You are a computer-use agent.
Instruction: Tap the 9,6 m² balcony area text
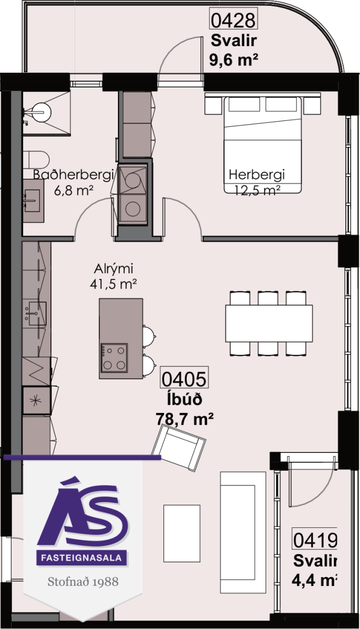pyautogui.click(x=233, y=60)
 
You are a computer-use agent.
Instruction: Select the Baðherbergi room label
pyautogui.click(x=73, y=175)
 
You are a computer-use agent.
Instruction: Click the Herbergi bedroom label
pyautogui.click(x=257, y=175)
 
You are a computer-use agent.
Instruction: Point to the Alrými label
pyautogui.click(x=113, y=269)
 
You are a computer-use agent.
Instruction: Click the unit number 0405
pyautogui.click(x=184, y=379)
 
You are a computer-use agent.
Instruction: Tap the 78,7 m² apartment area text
pyautogui.click(x=184, y=419)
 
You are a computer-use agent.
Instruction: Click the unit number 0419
pyautogui.click(x=314, y=540)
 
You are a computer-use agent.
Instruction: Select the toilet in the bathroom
pyautogui.click(x=36, y=160)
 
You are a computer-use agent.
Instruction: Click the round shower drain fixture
pyautogui.click(x=41, y=112)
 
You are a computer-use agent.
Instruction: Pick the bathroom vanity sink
pyautogui.click(x=32, y=200)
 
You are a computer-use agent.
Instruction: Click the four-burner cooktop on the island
pyautogui.click(x=114, y=357)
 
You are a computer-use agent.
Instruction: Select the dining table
pyautogui.click(x=269, y=323)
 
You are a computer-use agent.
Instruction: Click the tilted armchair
pyautogui.click(x=179, y=448)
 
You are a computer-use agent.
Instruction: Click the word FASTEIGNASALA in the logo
pyautogui.click(x=81, y=558)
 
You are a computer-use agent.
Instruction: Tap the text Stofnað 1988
pyautogui.click(x=83, y=581)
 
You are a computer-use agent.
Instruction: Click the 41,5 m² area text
pyautogui.click(x=113, y=284)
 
